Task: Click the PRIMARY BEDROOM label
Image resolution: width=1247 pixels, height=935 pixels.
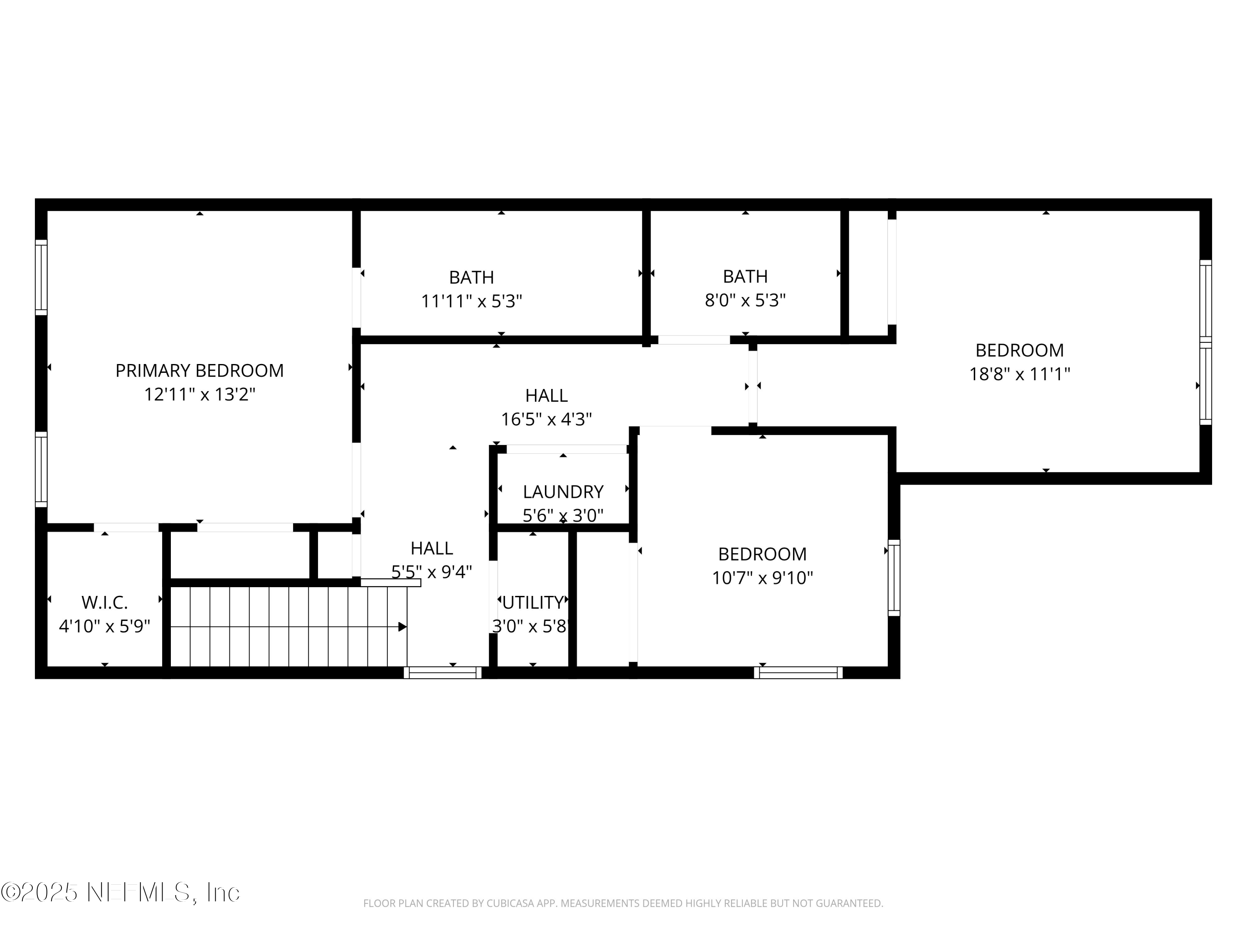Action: click(x=200, y=371)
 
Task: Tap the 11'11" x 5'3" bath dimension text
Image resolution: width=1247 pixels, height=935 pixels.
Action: click(x=472, y=302)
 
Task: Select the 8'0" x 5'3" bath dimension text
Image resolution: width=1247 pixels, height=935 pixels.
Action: click(x=745, y=300)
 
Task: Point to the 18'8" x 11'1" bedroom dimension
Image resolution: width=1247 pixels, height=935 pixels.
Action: click(x=1019, y=374)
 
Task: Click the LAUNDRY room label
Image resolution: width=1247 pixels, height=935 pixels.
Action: click(x=563, y=492)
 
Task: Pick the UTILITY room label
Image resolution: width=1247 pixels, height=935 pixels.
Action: click(x=533, y=603)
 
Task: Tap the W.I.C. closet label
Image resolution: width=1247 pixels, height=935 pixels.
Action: click(x=105, y=603)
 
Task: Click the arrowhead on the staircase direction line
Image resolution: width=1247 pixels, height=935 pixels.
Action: click(x=402, y=627)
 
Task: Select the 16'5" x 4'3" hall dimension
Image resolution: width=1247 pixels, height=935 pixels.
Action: click(x=546, y=419)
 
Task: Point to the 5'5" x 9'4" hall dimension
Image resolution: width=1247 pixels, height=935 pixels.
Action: click(x=432, y=572)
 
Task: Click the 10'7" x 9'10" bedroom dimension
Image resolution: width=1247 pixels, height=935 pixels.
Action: click(x=762, y=578)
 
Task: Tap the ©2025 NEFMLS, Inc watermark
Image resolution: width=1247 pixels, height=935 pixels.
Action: click(x=120, y=892)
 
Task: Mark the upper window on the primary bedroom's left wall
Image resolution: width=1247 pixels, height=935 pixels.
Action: click(x=41, y=277)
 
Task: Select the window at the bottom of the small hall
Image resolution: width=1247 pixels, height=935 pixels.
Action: click(x=443, y=672)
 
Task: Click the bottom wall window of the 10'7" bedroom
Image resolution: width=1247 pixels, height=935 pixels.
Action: click(x=798, y=672)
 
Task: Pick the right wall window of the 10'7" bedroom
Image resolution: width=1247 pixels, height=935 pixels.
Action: click(x=894, y=578)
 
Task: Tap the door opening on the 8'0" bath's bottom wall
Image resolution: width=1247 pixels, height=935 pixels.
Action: click(x=694, y=340)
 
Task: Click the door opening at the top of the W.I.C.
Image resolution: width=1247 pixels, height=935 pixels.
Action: click(x=126, y=527)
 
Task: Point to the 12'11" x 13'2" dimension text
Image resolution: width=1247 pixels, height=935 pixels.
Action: click(x=200, y=394)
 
